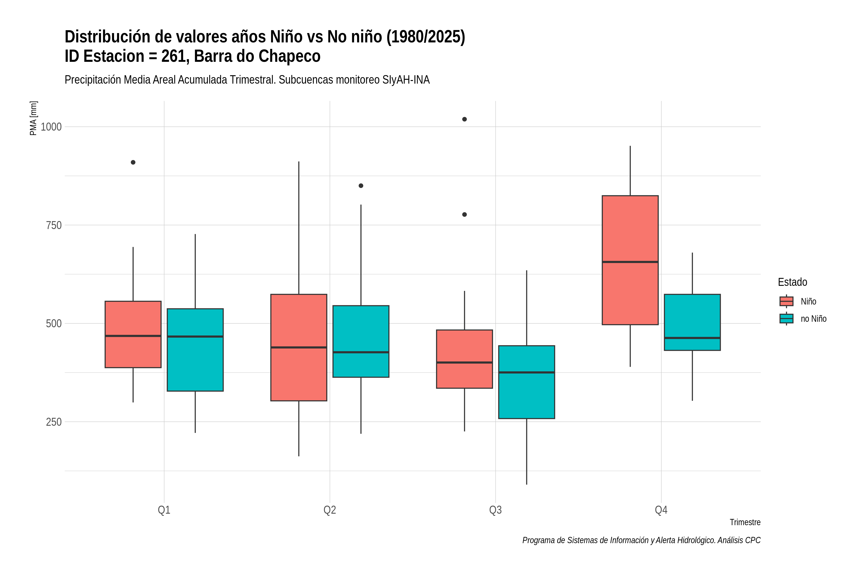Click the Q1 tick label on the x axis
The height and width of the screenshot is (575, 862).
click(x=164, y=510)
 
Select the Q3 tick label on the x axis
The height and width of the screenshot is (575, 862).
click(x=495, y=510)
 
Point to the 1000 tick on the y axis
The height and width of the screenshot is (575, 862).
click(x=51, y=127)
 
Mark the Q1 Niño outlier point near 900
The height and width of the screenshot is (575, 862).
click(x=133, y=162)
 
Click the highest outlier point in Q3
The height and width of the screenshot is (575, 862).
click(x=464, y=119)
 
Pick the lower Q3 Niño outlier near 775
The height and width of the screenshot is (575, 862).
click(x=464, y=214)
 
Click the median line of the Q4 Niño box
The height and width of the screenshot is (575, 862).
click(x=630, y=262)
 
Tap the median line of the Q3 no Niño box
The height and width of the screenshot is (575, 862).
click(x=527, y=372)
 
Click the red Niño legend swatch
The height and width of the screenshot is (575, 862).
click(x=787, y=301)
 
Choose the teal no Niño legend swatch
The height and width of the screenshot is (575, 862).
click(x=787, y=319)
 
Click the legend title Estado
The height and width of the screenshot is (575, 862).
click(x=792, y=282)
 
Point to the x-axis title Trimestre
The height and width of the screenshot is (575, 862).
click(x=745, y=522)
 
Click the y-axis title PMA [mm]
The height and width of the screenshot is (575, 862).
click(x=33, y=118)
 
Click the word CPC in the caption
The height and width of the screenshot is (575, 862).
click(x=753, y=540)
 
